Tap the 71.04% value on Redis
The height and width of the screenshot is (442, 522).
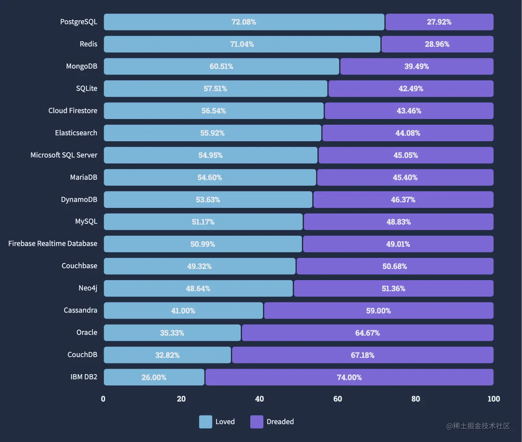242,44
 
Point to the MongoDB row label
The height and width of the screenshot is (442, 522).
81,66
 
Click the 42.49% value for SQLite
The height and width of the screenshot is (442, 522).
411,88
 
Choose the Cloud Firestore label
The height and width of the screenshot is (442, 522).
73,111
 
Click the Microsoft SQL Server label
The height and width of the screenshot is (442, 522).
64,155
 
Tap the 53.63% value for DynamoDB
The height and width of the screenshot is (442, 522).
208,200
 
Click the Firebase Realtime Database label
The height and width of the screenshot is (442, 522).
53,244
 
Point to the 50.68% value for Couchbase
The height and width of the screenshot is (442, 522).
394,266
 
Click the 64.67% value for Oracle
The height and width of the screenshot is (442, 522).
367,333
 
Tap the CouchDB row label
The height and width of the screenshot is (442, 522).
82,355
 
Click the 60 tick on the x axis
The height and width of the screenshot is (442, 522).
338,399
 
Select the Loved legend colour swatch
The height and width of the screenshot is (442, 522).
205,422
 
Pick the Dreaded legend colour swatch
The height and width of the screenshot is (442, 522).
257,422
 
